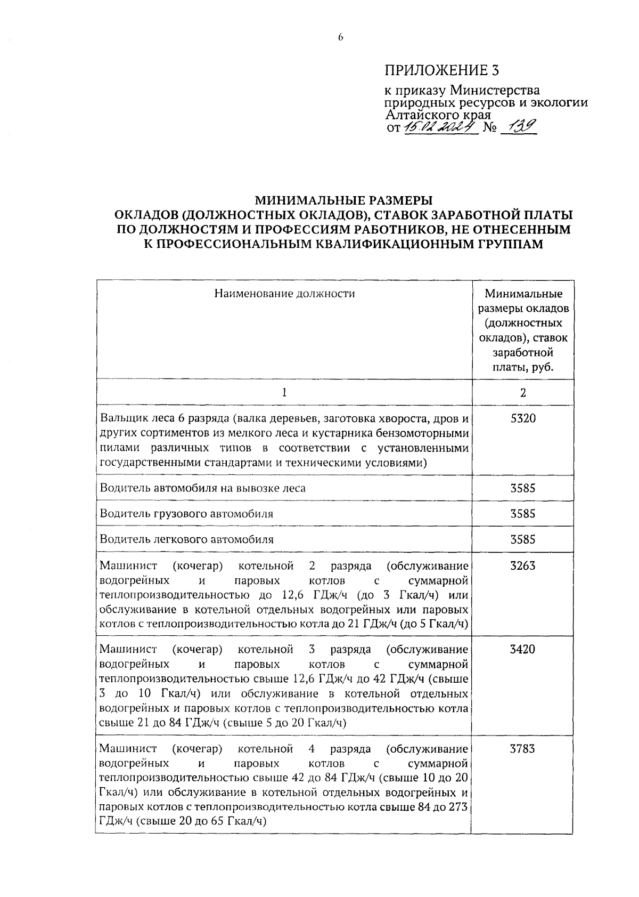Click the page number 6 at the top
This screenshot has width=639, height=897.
[x=340, y=37]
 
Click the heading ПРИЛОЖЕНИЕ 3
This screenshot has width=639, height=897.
[x=443, y=70]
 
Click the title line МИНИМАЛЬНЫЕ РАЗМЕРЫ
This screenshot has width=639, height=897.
[x=344, y=200]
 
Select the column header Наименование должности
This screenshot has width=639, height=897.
[x=284, y=293]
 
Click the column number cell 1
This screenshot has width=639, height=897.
[x=284, y=392]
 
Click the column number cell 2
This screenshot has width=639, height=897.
[x=523, y=392]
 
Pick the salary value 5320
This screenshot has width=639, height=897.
[x=523, y=419]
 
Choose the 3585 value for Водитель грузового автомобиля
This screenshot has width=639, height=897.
[x=523, y=514]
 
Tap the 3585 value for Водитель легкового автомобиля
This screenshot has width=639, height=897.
[x=523, y=539]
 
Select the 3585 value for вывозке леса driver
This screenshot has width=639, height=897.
[x=523, y=488]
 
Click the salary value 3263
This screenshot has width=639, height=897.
[x=523, y=565]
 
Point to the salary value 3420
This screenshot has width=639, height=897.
[x=523, y=649]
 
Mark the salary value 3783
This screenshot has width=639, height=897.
[x=523, y=749]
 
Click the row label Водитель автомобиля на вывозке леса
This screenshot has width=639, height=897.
[x=203, y=488]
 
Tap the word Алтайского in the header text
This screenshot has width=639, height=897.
[x=421, y=114]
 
